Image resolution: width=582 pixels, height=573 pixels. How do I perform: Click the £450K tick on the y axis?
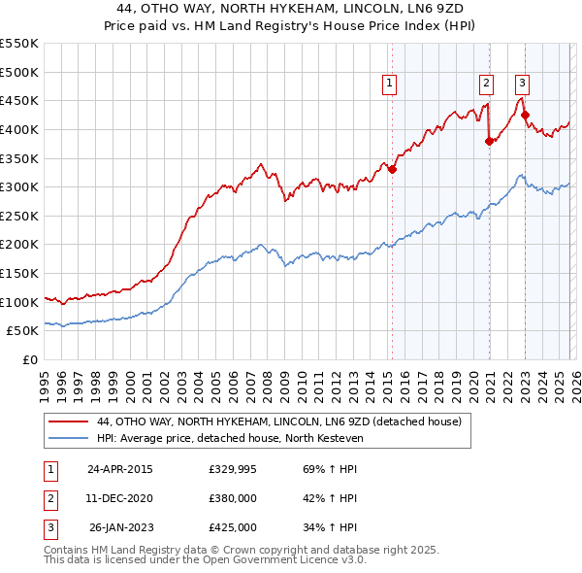(x=19, y=100)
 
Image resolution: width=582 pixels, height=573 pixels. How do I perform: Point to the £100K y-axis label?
(x=19, y=302)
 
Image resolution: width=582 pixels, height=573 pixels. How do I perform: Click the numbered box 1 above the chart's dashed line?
(x=389, y=84)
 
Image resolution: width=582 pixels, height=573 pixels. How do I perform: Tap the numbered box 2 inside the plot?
(x=486, y=84)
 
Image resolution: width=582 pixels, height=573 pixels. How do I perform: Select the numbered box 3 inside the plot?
(x=522, y=84)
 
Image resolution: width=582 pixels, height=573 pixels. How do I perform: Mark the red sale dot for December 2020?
(x=489, y=141)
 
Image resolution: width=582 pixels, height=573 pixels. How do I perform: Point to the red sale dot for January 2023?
(x=525, y=116)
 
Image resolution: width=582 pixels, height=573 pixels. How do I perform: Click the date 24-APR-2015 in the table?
(x=119, y=469)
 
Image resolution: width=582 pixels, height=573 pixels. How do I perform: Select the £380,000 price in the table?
(x=232, y=498)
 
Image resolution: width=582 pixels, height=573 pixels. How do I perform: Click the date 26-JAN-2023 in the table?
(x=120, y=527)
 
